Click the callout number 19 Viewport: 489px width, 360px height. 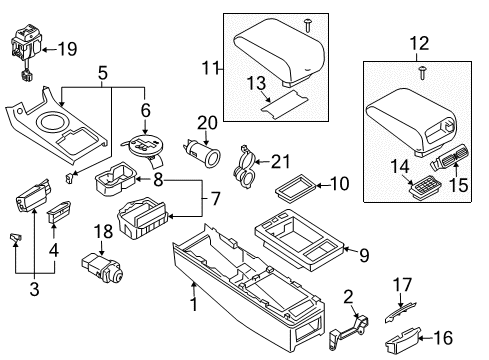click(x=67, y=47)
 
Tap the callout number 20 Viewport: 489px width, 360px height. click(x=208, y=124)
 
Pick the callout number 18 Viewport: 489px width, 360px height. click(x=102, y=233)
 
